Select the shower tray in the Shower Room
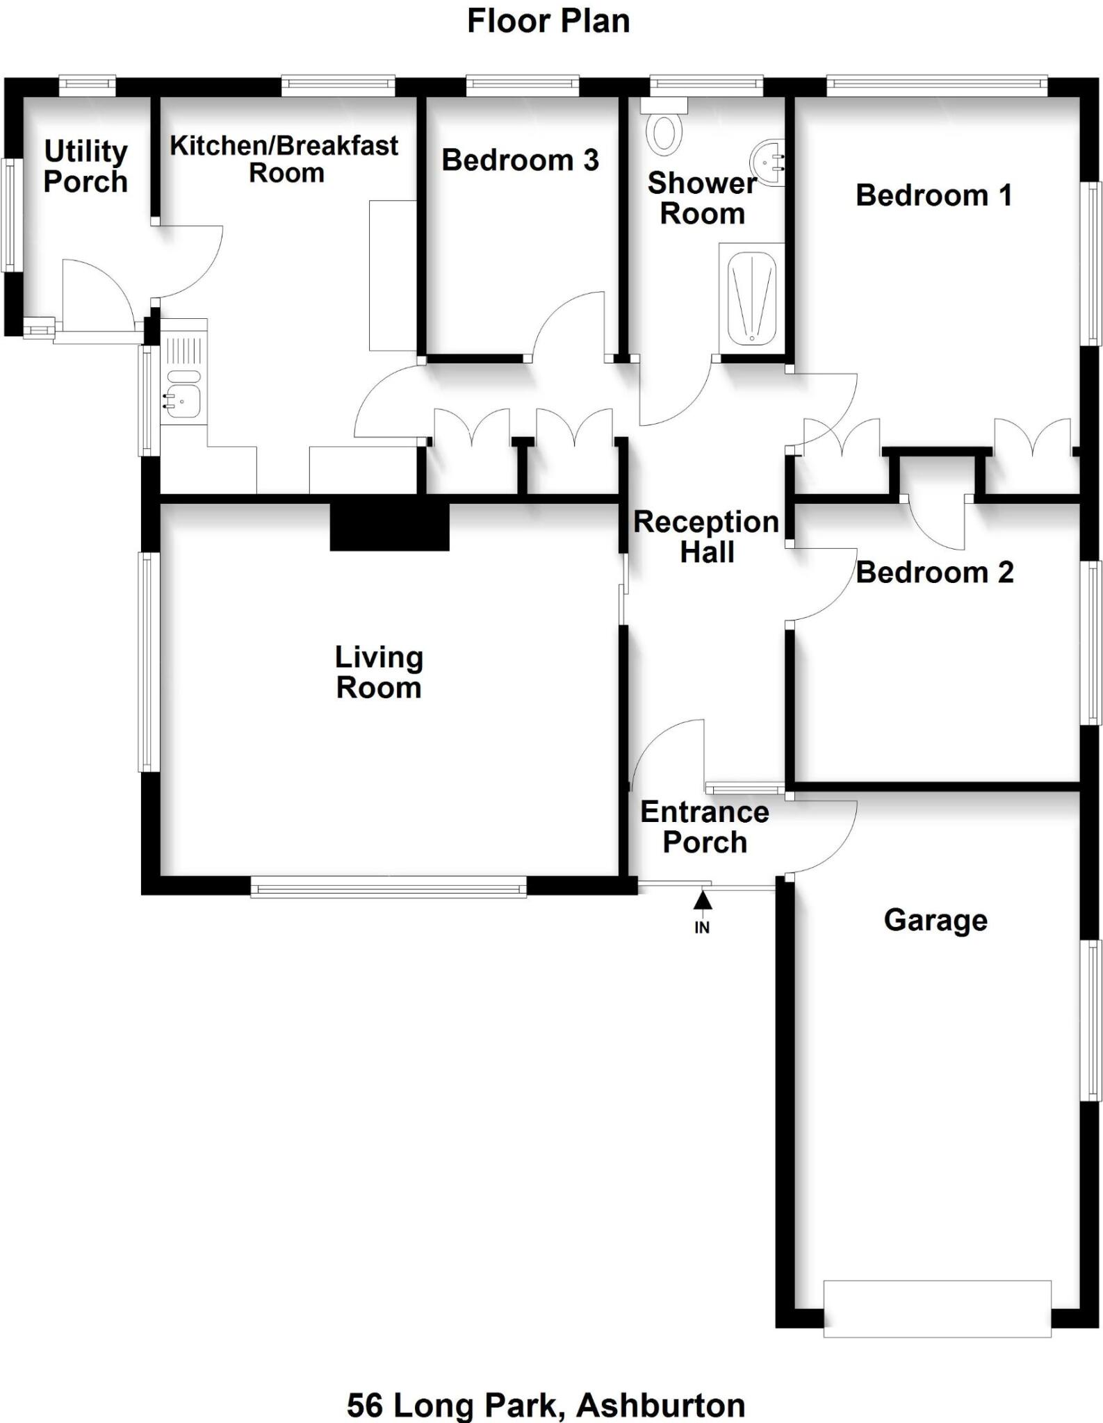tap(751, 299)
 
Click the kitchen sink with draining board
tap(183, 372)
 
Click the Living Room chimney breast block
tap(389, 527)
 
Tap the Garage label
tap(935, 920)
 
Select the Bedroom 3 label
tap(520, 161)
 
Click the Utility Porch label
tap(85, 167)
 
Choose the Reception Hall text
tap(706, 537)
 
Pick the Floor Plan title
tap(548, 22)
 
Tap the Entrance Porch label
tap(704, 827)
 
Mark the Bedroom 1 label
tap(933, 195)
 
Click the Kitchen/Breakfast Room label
tap(284, 159)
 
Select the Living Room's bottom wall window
tap(388, 887)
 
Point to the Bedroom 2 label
tap(934, 573)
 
